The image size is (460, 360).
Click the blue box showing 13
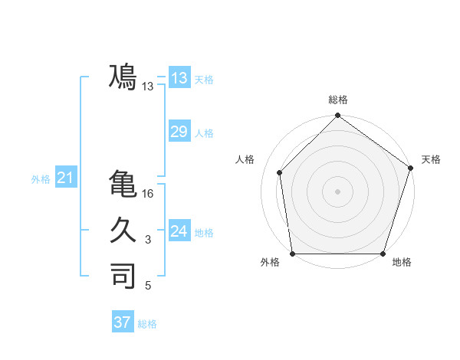179,78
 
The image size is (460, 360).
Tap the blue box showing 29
179,132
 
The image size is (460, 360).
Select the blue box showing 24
179,231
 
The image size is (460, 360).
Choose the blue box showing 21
65,178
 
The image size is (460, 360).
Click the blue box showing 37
123,322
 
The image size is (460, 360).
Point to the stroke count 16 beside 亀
149,195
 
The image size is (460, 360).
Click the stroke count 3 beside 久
149,241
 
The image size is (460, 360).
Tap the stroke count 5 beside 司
149,286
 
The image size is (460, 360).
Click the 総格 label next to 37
147,324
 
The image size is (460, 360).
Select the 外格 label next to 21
41,179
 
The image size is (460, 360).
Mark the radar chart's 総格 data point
337,117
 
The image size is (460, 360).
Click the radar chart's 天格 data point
410,169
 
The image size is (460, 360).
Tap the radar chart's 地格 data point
383,254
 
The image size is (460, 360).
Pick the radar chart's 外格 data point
292,254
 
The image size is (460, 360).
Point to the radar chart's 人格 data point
280,172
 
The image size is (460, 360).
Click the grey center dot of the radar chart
337,191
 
